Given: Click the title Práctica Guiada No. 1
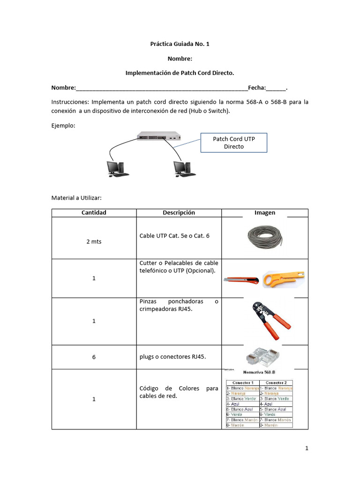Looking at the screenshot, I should pyautogui.click(x=180, y=44).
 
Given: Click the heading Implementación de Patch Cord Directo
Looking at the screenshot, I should pyautogui.click(x=180, y=73).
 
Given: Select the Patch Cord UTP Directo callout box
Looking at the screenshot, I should pyautogui.click(x=234, y=142).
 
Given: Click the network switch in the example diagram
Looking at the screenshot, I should pyautogui.click(x=159, y=135).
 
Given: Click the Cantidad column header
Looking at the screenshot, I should pyautogui.click(x=94, y=213).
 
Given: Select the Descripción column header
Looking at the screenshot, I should pyautogui.click(x=179, y=213).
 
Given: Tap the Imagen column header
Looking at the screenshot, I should pyautogui.click(x=265, y=213).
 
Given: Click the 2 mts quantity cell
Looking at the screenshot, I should pyautogui.click(x=94, y=241).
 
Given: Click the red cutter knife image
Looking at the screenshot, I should pyautogui.click(x=241, y=281).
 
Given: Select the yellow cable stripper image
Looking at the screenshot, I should pyautogui.click(x=282, y=279).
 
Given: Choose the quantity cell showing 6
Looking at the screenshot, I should pyautogui.click(x=94, y=357).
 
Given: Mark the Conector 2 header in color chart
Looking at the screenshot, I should pyautogui.click(x=277, y=382).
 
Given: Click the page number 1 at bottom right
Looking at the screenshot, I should pyautogui.click(x=307, y=448).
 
